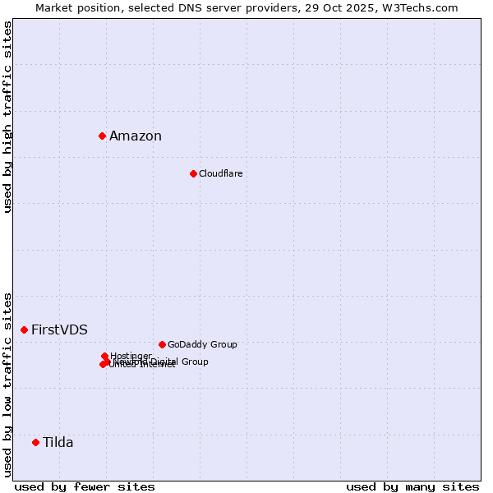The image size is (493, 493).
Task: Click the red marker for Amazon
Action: click(102, 136)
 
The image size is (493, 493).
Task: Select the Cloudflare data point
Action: click(193, 173)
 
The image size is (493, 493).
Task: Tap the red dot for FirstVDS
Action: click(24, 329)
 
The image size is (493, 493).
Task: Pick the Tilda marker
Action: click(35, 442)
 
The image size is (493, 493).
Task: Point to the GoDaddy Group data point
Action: click(162, 344)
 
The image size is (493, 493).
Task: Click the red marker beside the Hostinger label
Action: click(104, 356)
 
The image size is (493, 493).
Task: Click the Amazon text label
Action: click(136, 136)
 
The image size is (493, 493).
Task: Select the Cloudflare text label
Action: click(220, 173)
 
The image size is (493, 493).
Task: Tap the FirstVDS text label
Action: click(59, 330)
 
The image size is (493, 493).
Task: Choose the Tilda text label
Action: click(58, 443)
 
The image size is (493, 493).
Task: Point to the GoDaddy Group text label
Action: click(202, 345)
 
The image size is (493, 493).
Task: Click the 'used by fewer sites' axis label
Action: click(85, 486)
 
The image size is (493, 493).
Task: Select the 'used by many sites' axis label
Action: click(412, 486)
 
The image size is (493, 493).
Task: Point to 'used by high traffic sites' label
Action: click(8, 117)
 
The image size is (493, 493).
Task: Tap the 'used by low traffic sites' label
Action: click(8, 384)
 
